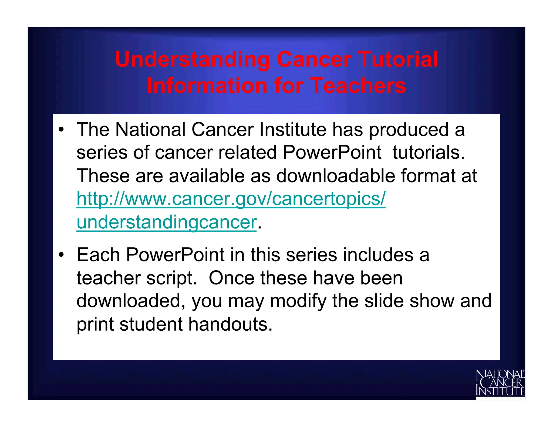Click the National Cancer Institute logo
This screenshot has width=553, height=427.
coord(500,383)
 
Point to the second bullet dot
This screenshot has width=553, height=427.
coord(62,255)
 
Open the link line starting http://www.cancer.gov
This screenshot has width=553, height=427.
coord(231,199)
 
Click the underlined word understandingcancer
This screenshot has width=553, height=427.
coord(166,222)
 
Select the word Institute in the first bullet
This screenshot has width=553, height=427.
coord(293,130)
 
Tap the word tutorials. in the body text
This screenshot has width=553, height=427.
coord(429,153)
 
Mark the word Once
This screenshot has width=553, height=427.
coord(231,278)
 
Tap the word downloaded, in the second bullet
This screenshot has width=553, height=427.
coord(131,301)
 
